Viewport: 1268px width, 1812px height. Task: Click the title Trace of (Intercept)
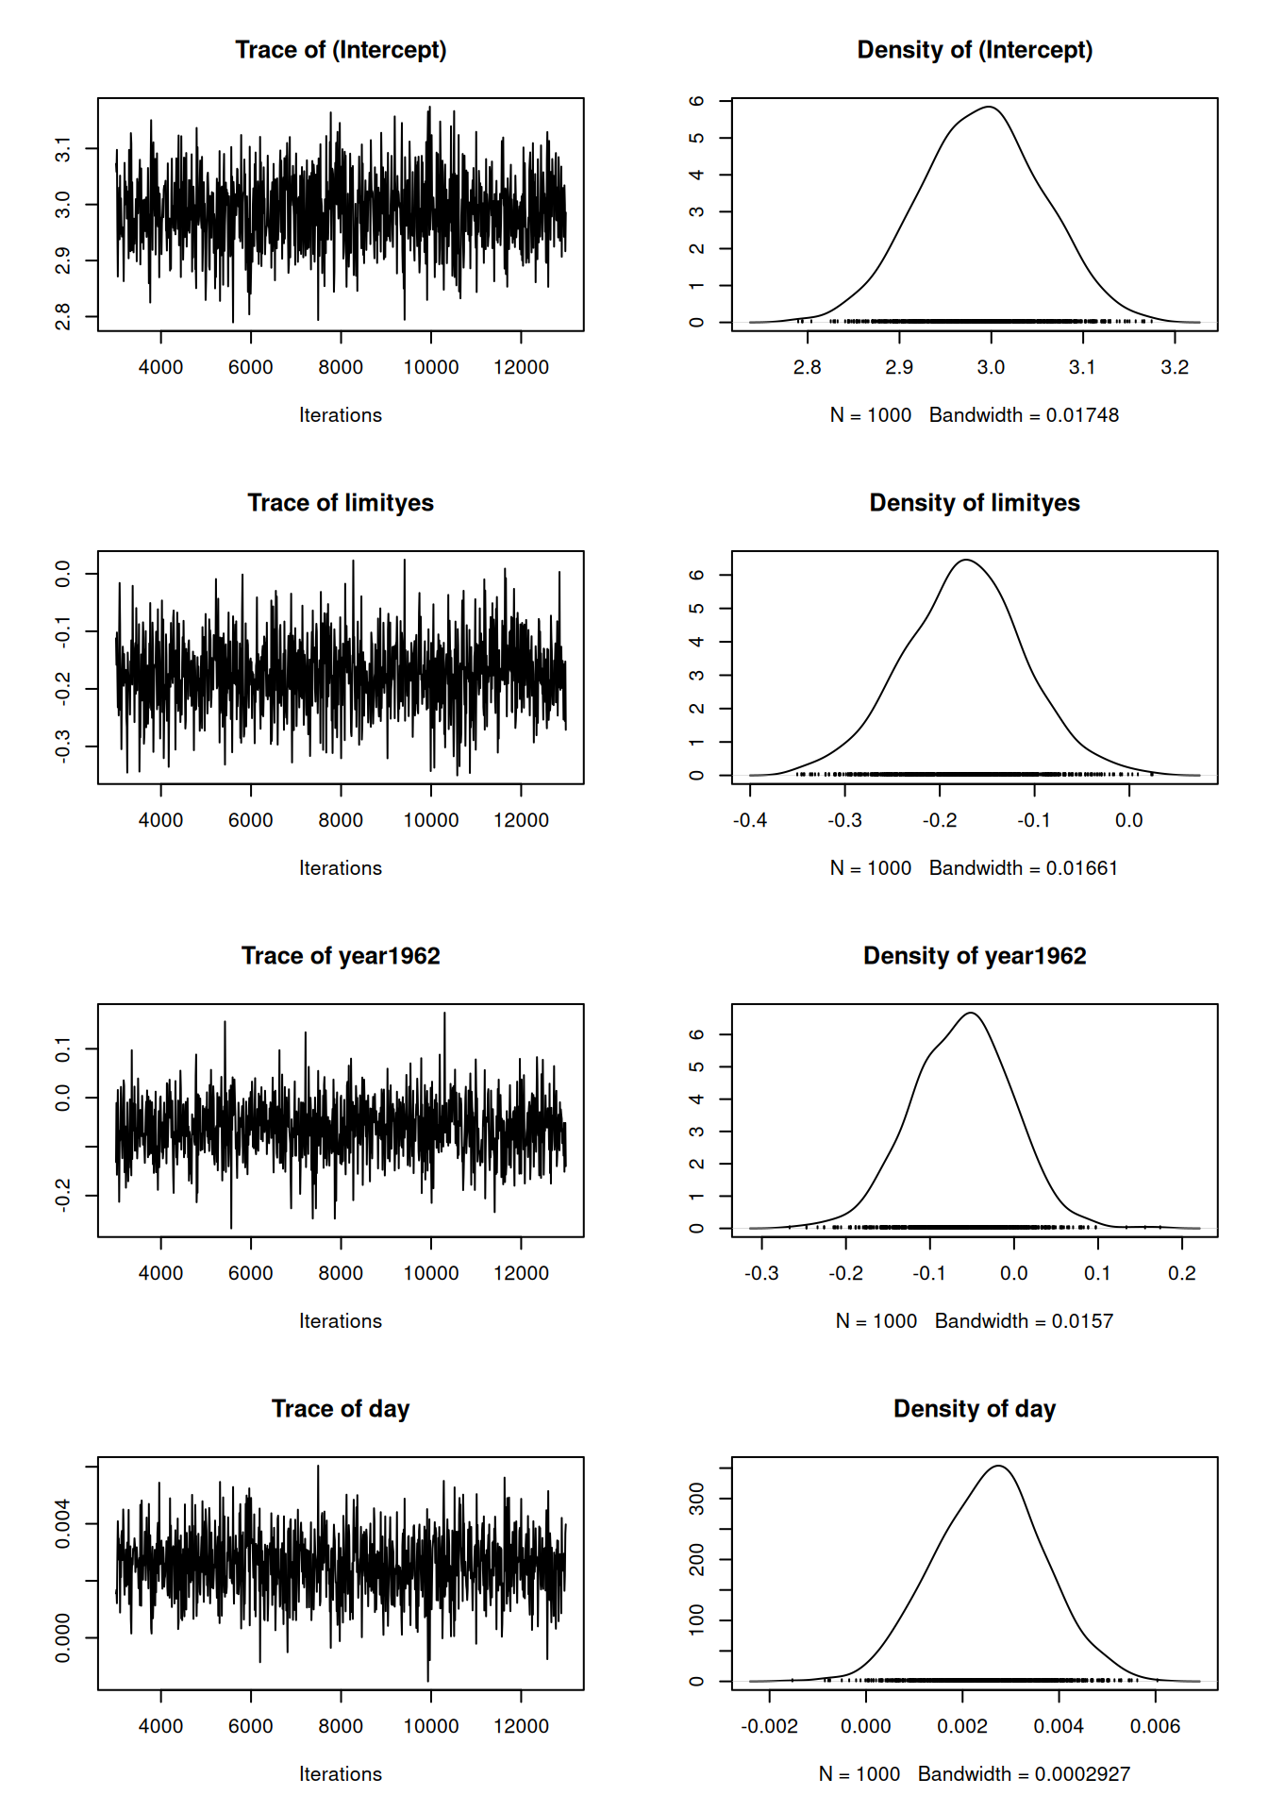click(x=341, y=50)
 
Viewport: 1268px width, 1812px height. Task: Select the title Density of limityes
click(x=974, y=503)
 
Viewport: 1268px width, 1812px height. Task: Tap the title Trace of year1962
click(x=341, y=956)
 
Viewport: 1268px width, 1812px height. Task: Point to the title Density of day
click(x=974, y=1409)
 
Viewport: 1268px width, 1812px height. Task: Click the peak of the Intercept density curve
click(x=988, y=107)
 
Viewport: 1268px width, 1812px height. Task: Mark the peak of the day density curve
click(x=998, y=1466)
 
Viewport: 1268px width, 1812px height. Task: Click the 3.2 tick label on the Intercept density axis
click(x=1174, y=367)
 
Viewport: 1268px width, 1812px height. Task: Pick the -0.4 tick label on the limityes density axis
click(x=750, y=820)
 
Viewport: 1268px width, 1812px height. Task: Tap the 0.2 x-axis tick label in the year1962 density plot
click(x=1181, y=1273)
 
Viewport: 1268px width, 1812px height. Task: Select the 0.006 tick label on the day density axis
click(x=1155, y=1726)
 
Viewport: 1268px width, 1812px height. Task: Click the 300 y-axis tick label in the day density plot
click(x=697, y=1499)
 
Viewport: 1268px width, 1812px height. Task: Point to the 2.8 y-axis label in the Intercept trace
click(x=62, y=316)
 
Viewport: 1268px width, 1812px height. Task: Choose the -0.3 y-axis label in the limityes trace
click(x=62, y=746)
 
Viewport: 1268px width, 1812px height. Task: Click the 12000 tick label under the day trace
click(x=521, y=1726)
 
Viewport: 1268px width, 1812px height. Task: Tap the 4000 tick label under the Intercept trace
click(x=160, y=367)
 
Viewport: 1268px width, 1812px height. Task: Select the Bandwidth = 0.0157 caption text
click(x=1024, y=1321)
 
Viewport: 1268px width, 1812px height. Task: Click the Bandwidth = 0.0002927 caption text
click(x=1024, y=1774)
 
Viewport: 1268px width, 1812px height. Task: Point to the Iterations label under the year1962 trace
click(x=341, y=1321)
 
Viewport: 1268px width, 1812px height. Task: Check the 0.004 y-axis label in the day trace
click(x=62, y=1523)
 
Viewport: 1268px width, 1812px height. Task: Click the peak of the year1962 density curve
click(x=971, y=1013)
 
